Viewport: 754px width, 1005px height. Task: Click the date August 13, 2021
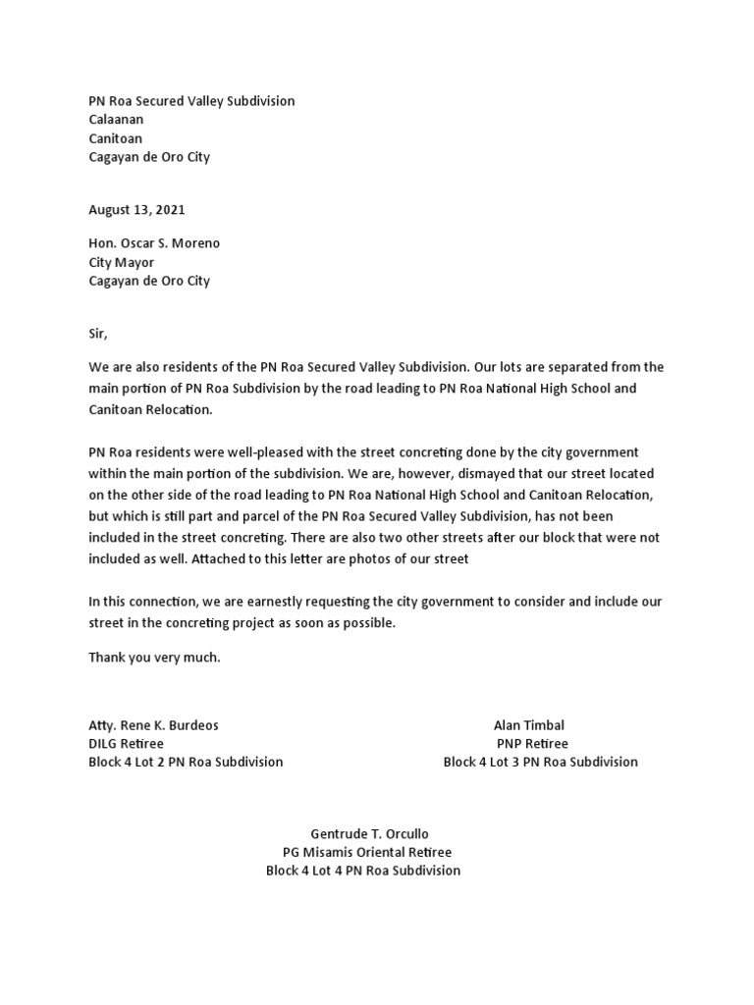coord(136,210)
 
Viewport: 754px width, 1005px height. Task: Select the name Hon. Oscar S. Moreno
coord(154,243)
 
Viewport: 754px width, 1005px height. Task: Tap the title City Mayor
coord(121,262)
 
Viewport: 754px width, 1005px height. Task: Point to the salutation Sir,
coord(98,334)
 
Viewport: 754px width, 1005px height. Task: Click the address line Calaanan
coord(116,120)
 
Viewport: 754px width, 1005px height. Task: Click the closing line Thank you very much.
coord(154,658)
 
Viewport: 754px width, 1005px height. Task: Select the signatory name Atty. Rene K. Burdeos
coord(153,725)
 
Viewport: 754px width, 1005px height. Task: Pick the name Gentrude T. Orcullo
coord(369,834)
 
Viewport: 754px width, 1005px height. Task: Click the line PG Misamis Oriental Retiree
coord(367,853)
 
